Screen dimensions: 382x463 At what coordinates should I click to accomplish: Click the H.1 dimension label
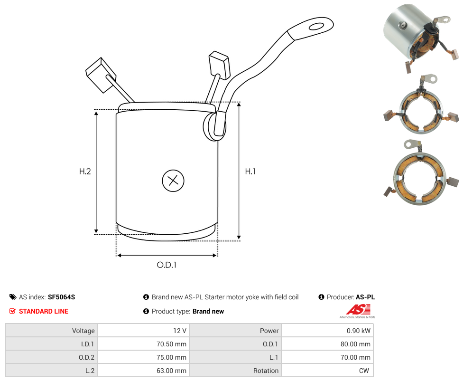[x=250, y=171]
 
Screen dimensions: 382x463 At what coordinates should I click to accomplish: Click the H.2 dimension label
[x=85, y=172]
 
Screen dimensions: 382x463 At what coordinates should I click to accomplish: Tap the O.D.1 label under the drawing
[x=167, y=265]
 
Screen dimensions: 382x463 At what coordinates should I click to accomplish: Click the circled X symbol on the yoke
[x=173, y=181]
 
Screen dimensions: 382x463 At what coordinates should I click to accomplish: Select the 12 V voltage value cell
[x=180, y=331]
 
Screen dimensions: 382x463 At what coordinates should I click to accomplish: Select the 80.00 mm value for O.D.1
[x=356, y=344]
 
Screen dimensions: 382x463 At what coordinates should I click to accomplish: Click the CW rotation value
[x=365, y=371]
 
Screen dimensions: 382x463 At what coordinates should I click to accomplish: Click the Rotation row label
[x=266, y=371]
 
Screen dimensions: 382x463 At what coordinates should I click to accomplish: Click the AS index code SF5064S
[x=61, y=297]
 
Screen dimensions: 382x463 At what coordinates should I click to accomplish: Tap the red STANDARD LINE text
[x=44, y=311]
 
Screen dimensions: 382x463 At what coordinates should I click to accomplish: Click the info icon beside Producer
[x=321, y=297]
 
